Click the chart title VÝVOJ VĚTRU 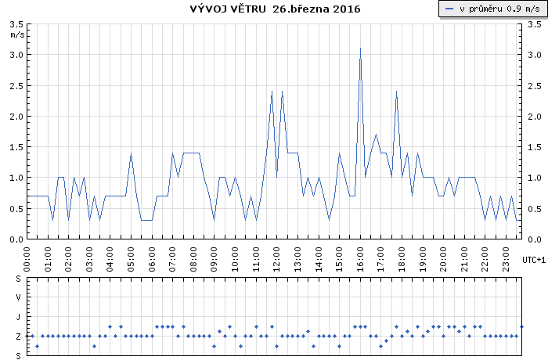click(228, 9)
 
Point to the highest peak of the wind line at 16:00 click(360, 49)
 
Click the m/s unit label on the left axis click(16, 34)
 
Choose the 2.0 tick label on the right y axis click(534, 117)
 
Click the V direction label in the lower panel click(19, 297)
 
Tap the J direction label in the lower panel click(19, 317)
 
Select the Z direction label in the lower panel click(19, 337)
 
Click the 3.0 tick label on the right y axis click(534, 56)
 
